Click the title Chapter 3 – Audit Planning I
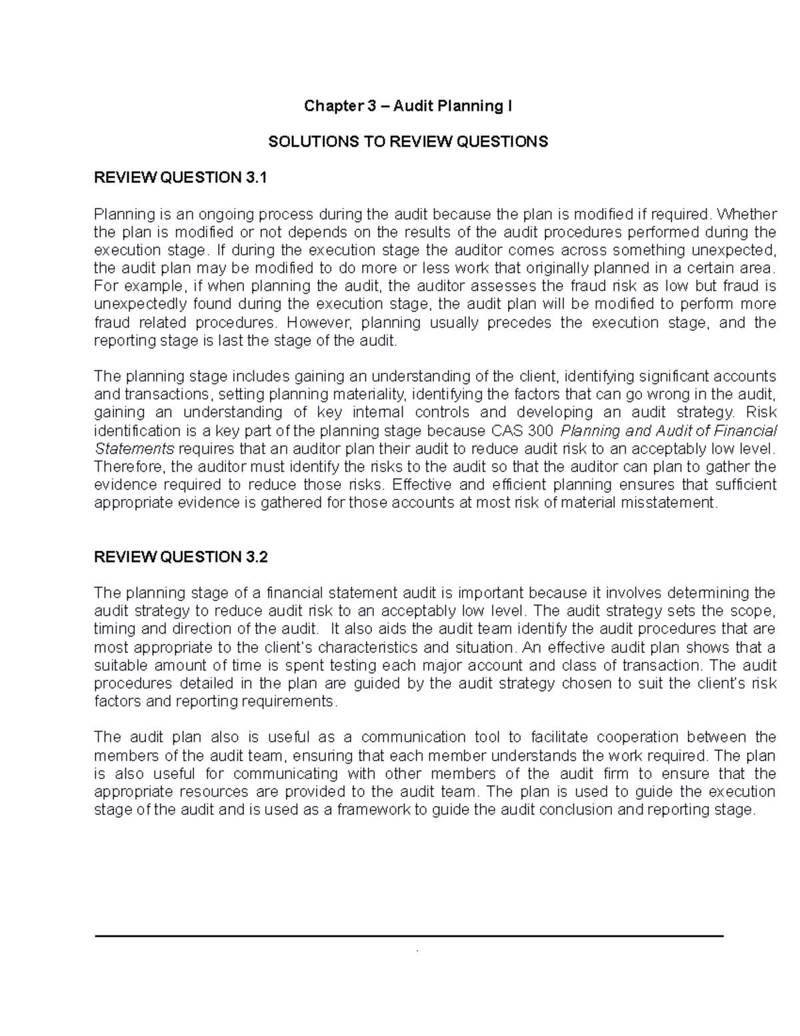[x=407, y=106]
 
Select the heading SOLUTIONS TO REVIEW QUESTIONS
[x=407, y=141]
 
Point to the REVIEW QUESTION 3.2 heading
[x=181, y=557]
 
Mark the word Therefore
[x=129, y=466]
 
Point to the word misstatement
[x=669, y=502]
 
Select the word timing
[x=115, y=629]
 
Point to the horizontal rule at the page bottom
[x=409, y=937]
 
